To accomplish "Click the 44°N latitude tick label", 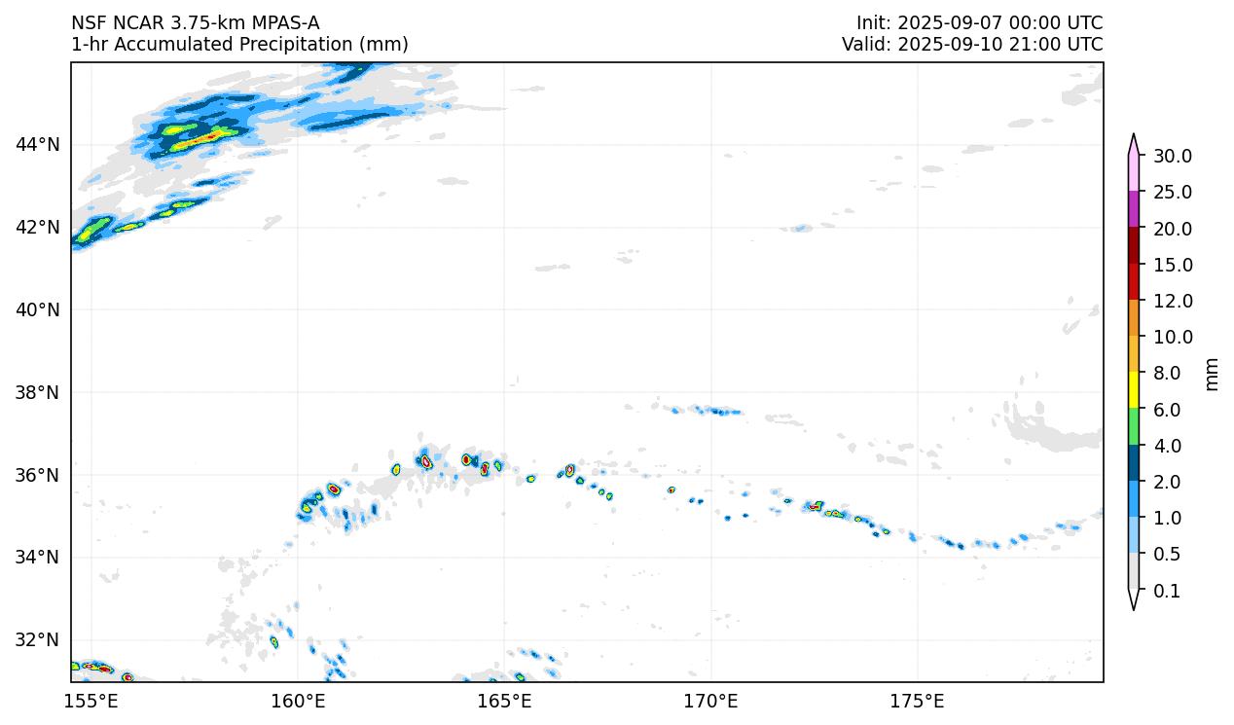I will pos(38,145).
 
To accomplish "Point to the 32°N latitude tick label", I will pos(38,640).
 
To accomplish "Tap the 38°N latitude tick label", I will pos(38,393).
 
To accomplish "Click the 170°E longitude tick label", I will pos(710,701).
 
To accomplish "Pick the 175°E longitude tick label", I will pos(917,701).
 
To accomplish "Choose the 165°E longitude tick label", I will pos(504,701).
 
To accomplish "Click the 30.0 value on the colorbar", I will pos(1172,157).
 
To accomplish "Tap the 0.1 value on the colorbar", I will pos(1166,592).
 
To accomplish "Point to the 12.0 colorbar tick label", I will pos(1172,302).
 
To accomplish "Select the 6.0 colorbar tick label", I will pos(1167,411).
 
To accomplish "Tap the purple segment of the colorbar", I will pos(1134,209).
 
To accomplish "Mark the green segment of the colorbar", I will pos(1134,427).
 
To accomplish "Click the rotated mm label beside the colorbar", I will pos(1212,374).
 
